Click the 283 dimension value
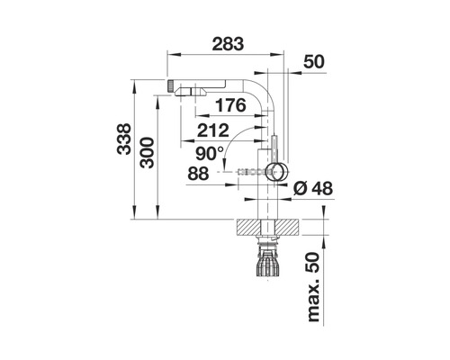[228, 44]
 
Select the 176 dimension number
[230, 105]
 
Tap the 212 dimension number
[213, 130]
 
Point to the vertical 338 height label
[124, 139]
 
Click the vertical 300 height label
[147, 153]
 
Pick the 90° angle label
[210, 154]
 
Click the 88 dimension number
[198, 174]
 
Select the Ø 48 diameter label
[313, 189]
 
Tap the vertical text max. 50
[314, 287]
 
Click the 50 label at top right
[314, 62]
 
